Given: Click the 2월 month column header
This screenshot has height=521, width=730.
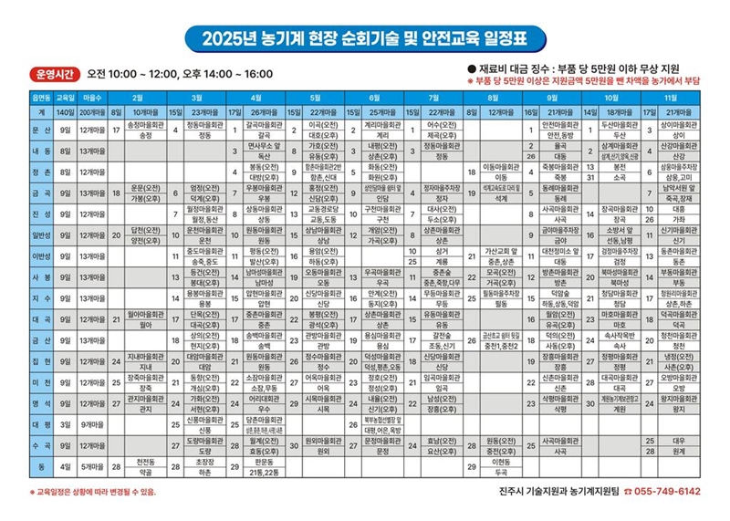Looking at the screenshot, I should (138, 96).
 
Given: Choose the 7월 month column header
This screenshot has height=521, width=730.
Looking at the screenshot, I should (434, 96).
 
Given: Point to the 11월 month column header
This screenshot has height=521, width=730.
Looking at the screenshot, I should (671, 96).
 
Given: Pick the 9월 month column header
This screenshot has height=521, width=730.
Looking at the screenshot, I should (553, 96).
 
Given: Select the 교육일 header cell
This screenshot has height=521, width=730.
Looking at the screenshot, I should (64, 96).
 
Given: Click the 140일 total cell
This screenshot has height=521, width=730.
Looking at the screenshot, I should (64, 111).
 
